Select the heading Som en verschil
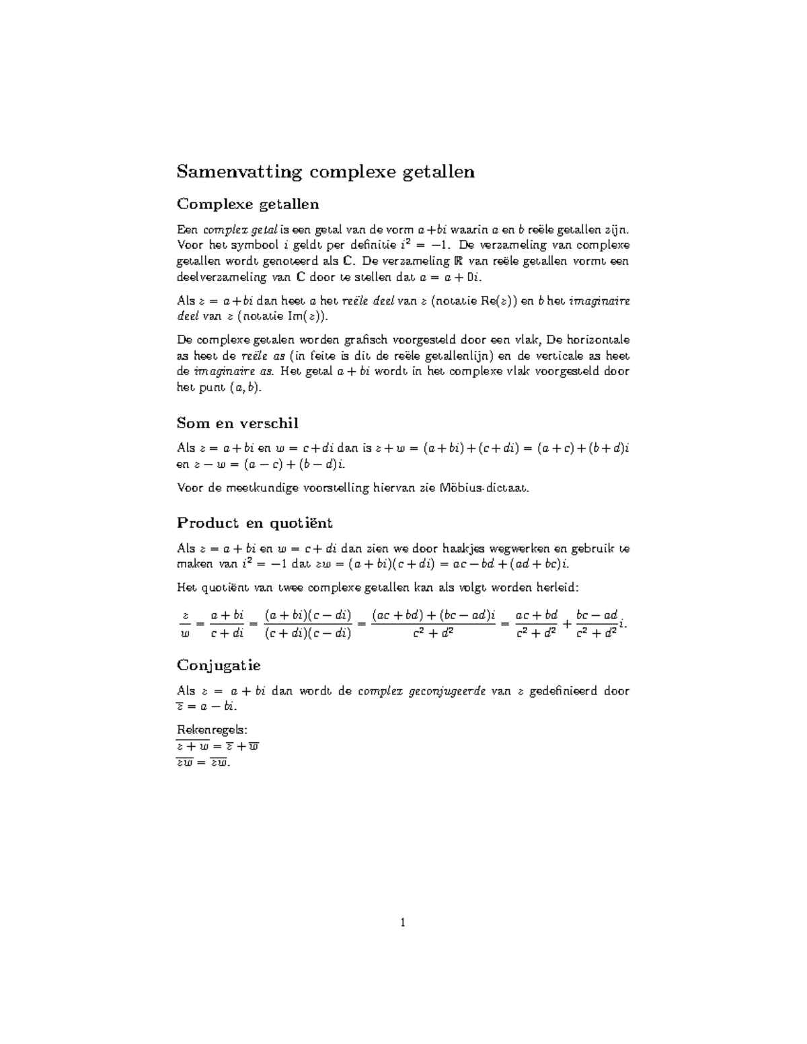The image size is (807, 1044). point(237,424)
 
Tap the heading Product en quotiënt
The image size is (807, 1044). point(254,523)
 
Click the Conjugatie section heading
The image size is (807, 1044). point(219,666)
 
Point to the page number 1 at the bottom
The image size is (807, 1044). point(403,923)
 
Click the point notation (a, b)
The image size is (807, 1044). point(247,388)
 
